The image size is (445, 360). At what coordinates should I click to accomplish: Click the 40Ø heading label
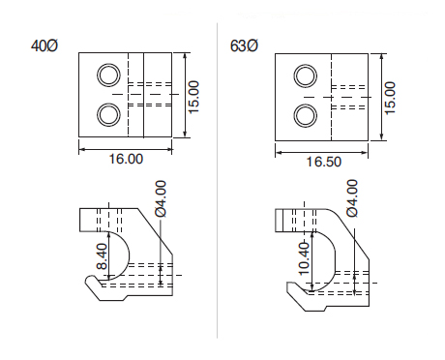(x=44, y=45)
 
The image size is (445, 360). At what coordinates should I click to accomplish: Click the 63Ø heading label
(x=244, y=45)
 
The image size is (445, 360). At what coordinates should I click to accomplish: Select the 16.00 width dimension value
(x=126, y=159)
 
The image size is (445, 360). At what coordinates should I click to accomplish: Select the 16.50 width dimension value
(x=323, y=162)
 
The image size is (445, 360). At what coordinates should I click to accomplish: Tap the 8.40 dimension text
(x=102, y=256)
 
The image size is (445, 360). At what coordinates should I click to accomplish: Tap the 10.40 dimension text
(x=304, y=258)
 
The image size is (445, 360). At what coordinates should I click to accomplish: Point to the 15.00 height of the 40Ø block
(x=193, y=97)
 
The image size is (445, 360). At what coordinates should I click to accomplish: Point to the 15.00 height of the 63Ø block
(x=390, y=98)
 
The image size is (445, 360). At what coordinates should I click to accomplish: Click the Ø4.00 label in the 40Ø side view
(x=161, y=198)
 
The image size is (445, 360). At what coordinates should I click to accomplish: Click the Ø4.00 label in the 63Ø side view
(x=352, y=198)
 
